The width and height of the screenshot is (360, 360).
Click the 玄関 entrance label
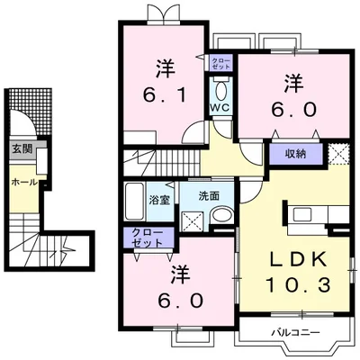tap(19, 149)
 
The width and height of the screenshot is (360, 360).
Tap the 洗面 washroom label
tap(210, 194)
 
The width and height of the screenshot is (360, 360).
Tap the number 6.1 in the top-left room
tap(164, 93)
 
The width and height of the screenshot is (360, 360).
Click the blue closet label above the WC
tap(220, 63)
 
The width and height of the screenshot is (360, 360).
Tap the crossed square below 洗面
tap(193, 218)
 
